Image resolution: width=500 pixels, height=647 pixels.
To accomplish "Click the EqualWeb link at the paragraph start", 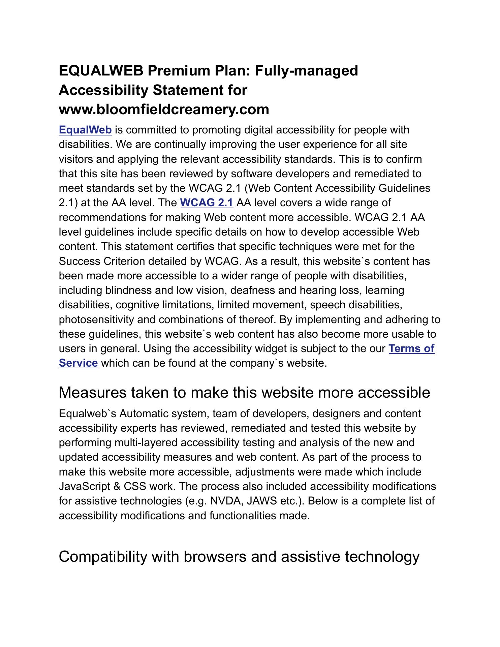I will (85, 130).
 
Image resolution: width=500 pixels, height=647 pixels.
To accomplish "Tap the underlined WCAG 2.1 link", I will (207, 203).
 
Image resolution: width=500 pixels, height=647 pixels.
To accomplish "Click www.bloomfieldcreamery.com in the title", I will (164, 110).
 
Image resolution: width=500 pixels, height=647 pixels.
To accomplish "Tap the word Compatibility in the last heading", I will (103, 557).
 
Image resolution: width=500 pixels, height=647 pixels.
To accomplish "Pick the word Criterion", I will (119, 261).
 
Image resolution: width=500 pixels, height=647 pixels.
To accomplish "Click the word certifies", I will (196, 246).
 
